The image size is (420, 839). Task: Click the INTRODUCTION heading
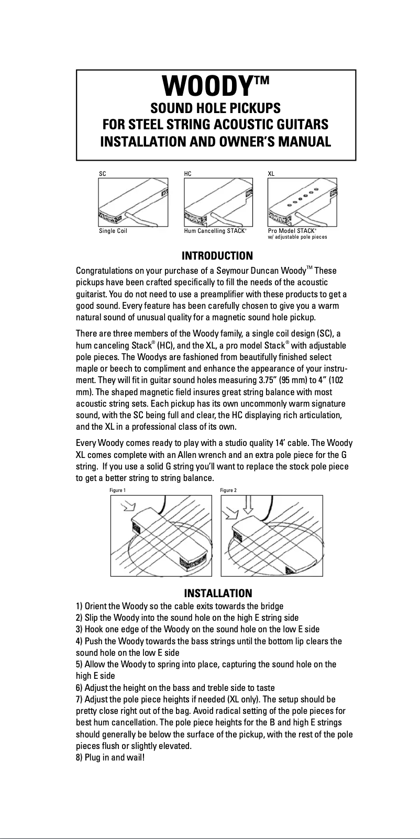[217, 256]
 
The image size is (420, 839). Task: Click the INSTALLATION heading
[218, 593]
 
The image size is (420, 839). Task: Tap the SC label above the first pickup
[103, 173]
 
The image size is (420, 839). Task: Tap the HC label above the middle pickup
[188, 173]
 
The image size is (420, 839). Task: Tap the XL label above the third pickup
[271, 173]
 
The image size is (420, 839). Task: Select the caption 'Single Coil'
[113, 231]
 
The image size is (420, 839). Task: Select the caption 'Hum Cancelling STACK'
[215, 231]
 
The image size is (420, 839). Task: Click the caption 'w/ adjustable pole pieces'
[297, 237]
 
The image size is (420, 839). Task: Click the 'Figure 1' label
[117, 490]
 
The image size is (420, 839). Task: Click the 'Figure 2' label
[228, 490]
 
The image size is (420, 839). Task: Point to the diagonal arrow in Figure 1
[128, 507]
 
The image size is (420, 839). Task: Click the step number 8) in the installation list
[80, 757]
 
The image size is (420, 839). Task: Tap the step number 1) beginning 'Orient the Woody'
[80, 606]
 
